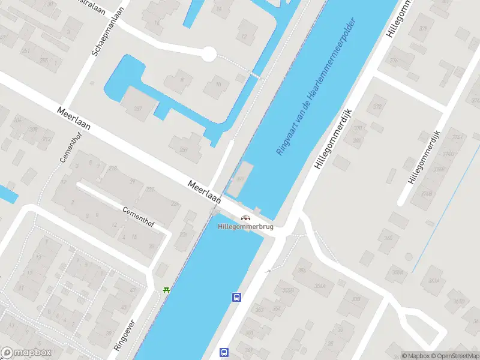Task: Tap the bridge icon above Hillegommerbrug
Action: [245, 218]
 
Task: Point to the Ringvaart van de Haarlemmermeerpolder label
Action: [316, 87]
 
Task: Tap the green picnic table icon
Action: [166, 290]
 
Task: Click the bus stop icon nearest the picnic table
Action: [237, 296]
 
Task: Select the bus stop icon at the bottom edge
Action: [224, 352]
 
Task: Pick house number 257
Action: [138, 109]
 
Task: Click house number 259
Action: [183, 151]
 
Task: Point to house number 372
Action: [377, 107]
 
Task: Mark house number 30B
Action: [356, 299]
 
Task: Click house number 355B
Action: [288, 291]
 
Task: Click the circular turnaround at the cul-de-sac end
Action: [208, 54]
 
